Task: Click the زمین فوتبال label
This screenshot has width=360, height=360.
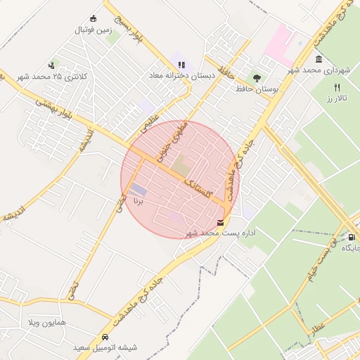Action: (x=94, y=30)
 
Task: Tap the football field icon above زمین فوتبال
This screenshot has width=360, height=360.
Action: (x=94, y=19)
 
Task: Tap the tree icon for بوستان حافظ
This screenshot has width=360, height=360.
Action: (x=257, y=79)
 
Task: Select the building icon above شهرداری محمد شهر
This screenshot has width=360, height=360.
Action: (x=319, y=60)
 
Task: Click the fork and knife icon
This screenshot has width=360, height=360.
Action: (x=337, y=87)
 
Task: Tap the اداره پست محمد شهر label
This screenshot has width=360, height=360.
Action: (x=221, y=232)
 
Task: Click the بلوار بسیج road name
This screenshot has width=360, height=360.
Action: (x=130, y=28)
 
